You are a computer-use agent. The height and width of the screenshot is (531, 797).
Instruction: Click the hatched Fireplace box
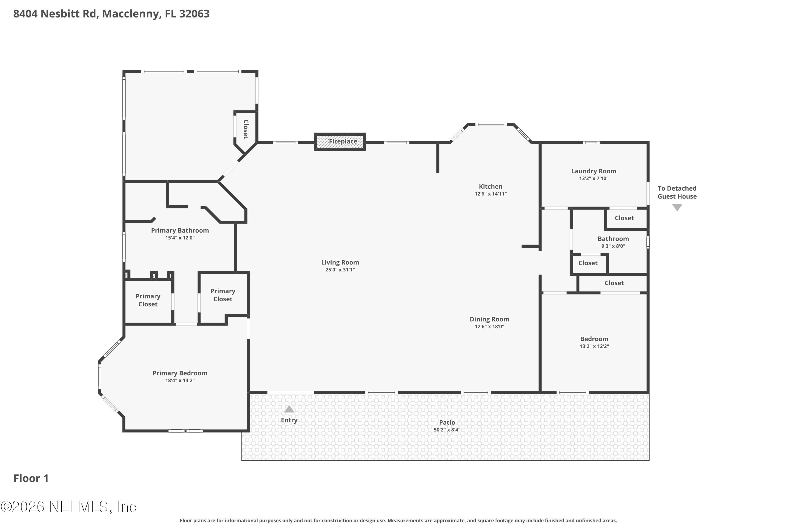(340, 142)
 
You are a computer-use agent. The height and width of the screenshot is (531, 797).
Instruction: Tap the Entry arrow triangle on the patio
(289, 409)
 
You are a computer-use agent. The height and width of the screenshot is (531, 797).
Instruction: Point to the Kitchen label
(490, 187)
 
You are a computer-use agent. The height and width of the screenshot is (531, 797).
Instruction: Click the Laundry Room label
(594, 171)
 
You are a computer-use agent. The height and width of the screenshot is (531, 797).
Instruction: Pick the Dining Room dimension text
(489, 327)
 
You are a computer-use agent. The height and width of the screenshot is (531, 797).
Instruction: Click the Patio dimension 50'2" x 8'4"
(447, 430)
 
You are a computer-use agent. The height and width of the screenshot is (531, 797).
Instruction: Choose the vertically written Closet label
(246, 129)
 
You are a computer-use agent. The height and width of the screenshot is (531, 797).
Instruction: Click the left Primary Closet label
(148, 300)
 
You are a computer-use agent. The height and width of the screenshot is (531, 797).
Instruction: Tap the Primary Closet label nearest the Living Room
(223, 295)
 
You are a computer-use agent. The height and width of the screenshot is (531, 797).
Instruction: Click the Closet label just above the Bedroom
(614, 283)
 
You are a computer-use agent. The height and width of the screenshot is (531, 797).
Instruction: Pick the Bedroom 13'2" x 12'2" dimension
(594, 346)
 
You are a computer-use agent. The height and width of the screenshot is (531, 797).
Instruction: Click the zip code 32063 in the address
(194, 14)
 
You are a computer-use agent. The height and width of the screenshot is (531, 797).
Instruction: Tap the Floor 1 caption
(31, 478)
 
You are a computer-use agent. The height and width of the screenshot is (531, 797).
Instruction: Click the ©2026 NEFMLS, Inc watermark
(69, 507)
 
